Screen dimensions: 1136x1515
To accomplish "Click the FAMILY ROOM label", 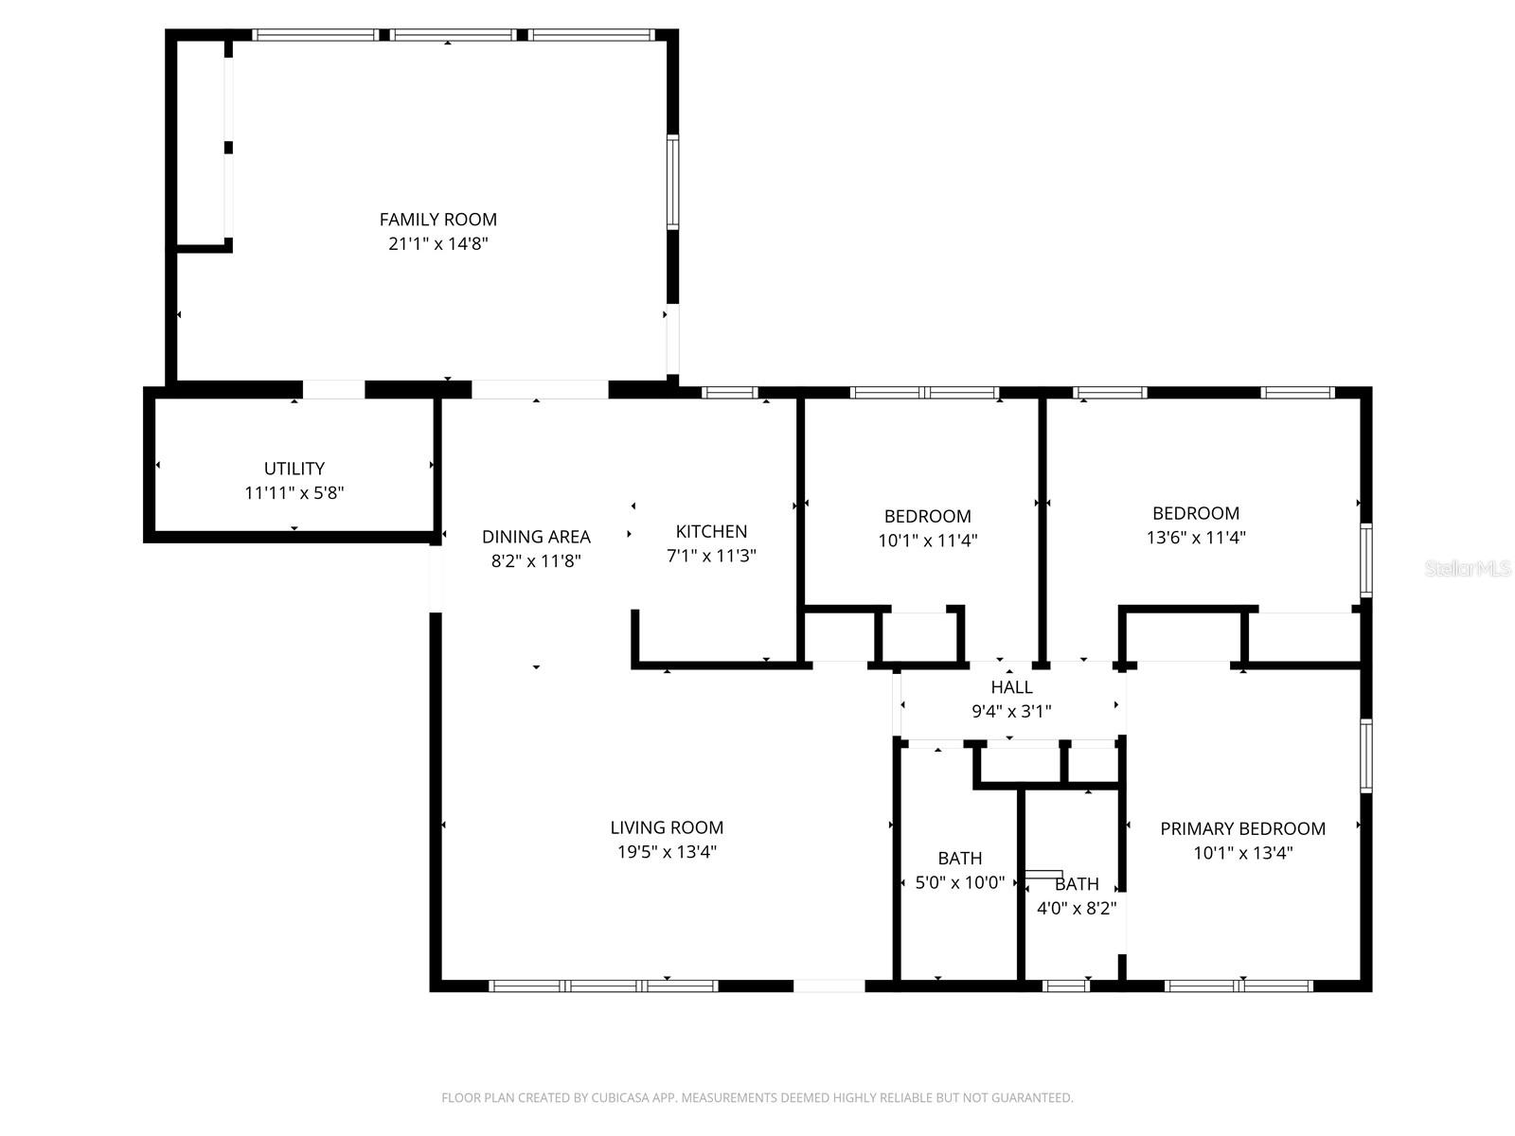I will (437, 220).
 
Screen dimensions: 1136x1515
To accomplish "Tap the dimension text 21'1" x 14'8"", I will (437, 244).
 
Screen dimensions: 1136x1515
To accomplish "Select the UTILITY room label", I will (294, 469).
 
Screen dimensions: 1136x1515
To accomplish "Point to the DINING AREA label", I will (536, 537).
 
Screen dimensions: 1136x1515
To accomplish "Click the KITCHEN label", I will (711, 531).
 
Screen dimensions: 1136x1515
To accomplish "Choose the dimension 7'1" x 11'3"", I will (711, 556).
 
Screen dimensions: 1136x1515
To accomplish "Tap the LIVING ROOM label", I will (667, 827).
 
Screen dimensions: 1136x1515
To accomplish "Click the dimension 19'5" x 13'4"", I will (667, 852).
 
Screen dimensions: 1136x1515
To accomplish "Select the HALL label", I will (1011, 687).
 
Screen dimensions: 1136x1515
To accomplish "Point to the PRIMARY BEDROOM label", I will (1242, 829).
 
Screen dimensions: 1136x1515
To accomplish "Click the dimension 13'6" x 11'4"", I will (1196, 538).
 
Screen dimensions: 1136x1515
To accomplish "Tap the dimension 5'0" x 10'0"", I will (959, 883).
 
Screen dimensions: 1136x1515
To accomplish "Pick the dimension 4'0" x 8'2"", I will (1077, 909).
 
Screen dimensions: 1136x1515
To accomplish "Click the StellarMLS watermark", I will (1468, 569).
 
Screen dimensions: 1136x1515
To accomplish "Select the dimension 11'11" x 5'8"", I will (294, 493).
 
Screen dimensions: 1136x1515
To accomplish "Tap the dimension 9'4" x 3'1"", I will (1011, 712).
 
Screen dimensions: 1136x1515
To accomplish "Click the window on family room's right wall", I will (672, 182).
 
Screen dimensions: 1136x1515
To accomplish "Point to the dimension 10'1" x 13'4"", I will (1242, 853).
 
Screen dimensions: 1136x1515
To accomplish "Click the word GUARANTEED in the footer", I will (1035, 1098).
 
